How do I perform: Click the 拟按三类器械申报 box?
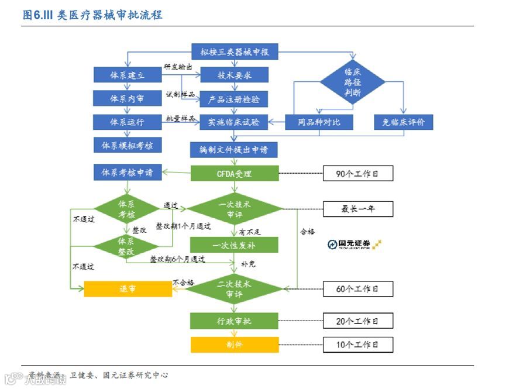pos(234,51)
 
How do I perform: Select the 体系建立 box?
pos(127,75)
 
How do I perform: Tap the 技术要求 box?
pos(234,75)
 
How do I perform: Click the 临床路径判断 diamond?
pos(352,82)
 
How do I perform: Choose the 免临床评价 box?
pos(404,122)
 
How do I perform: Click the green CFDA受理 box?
pos(234,173)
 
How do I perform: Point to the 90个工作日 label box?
pos(357,173)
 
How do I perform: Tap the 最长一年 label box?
pos(357,209)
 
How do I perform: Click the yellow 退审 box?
pos(128,289)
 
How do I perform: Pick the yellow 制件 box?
pos(234,345)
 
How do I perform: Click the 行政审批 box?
pos(234,321)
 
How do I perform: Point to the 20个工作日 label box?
pos(357,321)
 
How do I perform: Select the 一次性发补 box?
pos(234,245)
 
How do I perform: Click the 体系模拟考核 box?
pos(127,145)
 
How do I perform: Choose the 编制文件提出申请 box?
pos(234,150)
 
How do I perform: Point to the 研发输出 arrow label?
pos(178,67)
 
